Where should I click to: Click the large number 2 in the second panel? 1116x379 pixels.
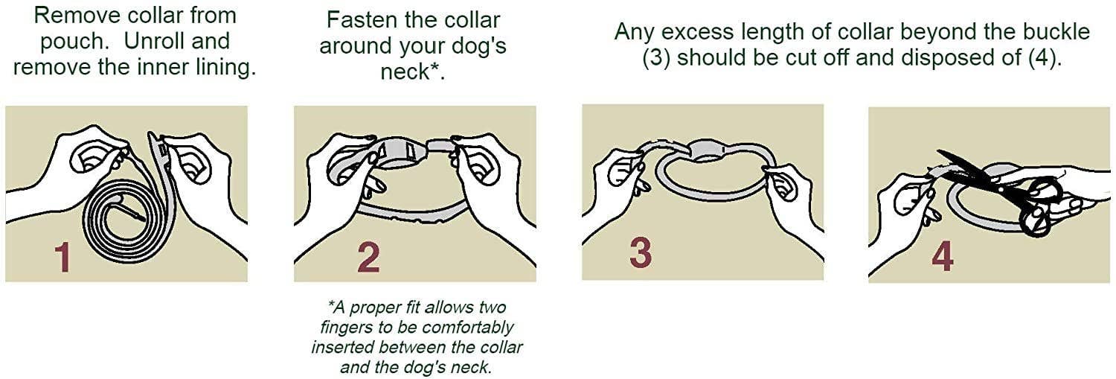click(x=368, y=256)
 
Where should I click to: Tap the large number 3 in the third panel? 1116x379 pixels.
click(x=641, y=252)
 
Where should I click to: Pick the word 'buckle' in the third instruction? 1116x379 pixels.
click(x=1049, y=32)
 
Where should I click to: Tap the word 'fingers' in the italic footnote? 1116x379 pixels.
click(x=347, y=328)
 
